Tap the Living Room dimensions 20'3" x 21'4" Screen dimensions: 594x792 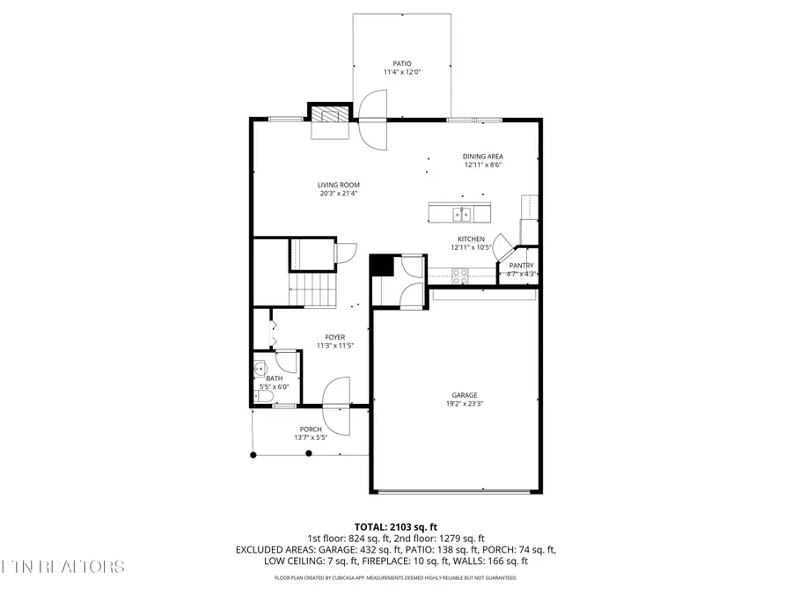(339, 194)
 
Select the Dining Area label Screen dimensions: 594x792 (483, 156)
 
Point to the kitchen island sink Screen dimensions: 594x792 (462, 214)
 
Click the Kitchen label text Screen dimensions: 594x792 (471, 238)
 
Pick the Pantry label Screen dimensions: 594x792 (522, 265)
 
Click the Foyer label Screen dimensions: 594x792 (335, 336)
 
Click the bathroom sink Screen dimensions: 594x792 (260, 369)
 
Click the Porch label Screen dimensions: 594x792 (310, 429)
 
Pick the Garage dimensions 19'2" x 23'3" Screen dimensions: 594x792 (465, 405)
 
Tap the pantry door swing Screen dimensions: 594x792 (502, 246)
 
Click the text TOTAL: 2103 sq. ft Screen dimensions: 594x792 (395, 524)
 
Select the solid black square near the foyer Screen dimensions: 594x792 (380, 265)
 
